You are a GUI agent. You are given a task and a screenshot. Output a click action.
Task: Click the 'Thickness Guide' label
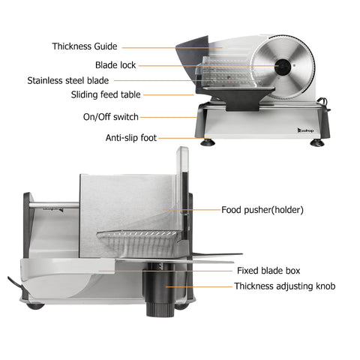click(x=85, y=46)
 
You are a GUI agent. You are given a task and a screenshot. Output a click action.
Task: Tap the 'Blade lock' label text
click(x=115, y=65)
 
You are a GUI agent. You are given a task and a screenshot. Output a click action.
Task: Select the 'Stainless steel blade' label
click(x=68, y=81)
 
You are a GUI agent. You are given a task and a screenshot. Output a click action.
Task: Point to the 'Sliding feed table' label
click(x=106, y=94)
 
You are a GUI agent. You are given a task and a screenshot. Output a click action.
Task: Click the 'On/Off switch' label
click(x=111, y=117)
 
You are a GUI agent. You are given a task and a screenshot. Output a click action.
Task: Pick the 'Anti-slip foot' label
click(x=131, y=138)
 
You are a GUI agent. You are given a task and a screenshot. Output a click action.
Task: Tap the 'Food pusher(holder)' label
click(x=262, y=210)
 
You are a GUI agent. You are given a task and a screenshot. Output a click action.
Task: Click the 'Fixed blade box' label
click(x=268, y=271)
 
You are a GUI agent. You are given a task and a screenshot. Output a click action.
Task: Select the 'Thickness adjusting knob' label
click(x=285, y=286)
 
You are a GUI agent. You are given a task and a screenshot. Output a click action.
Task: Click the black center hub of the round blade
click(x=283, y=67)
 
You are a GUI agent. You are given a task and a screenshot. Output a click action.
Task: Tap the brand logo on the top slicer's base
click(x=305, y=130)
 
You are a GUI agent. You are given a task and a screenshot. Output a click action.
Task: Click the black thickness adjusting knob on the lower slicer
click(x=159, y=290)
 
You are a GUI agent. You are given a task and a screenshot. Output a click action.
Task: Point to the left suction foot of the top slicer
click(x=208, y=142)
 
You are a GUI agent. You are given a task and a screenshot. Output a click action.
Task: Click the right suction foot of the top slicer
click(x=317, y=142)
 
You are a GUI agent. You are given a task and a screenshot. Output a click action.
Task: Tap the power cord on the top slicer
click(x=324, y=103)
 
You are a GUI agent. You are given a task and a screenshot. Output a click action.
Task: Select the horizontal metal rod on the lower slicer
click(x=54, y=205)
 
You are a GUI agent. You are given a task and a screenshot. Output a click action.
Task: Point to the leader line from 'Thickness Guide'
click(x=172, y=47)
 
